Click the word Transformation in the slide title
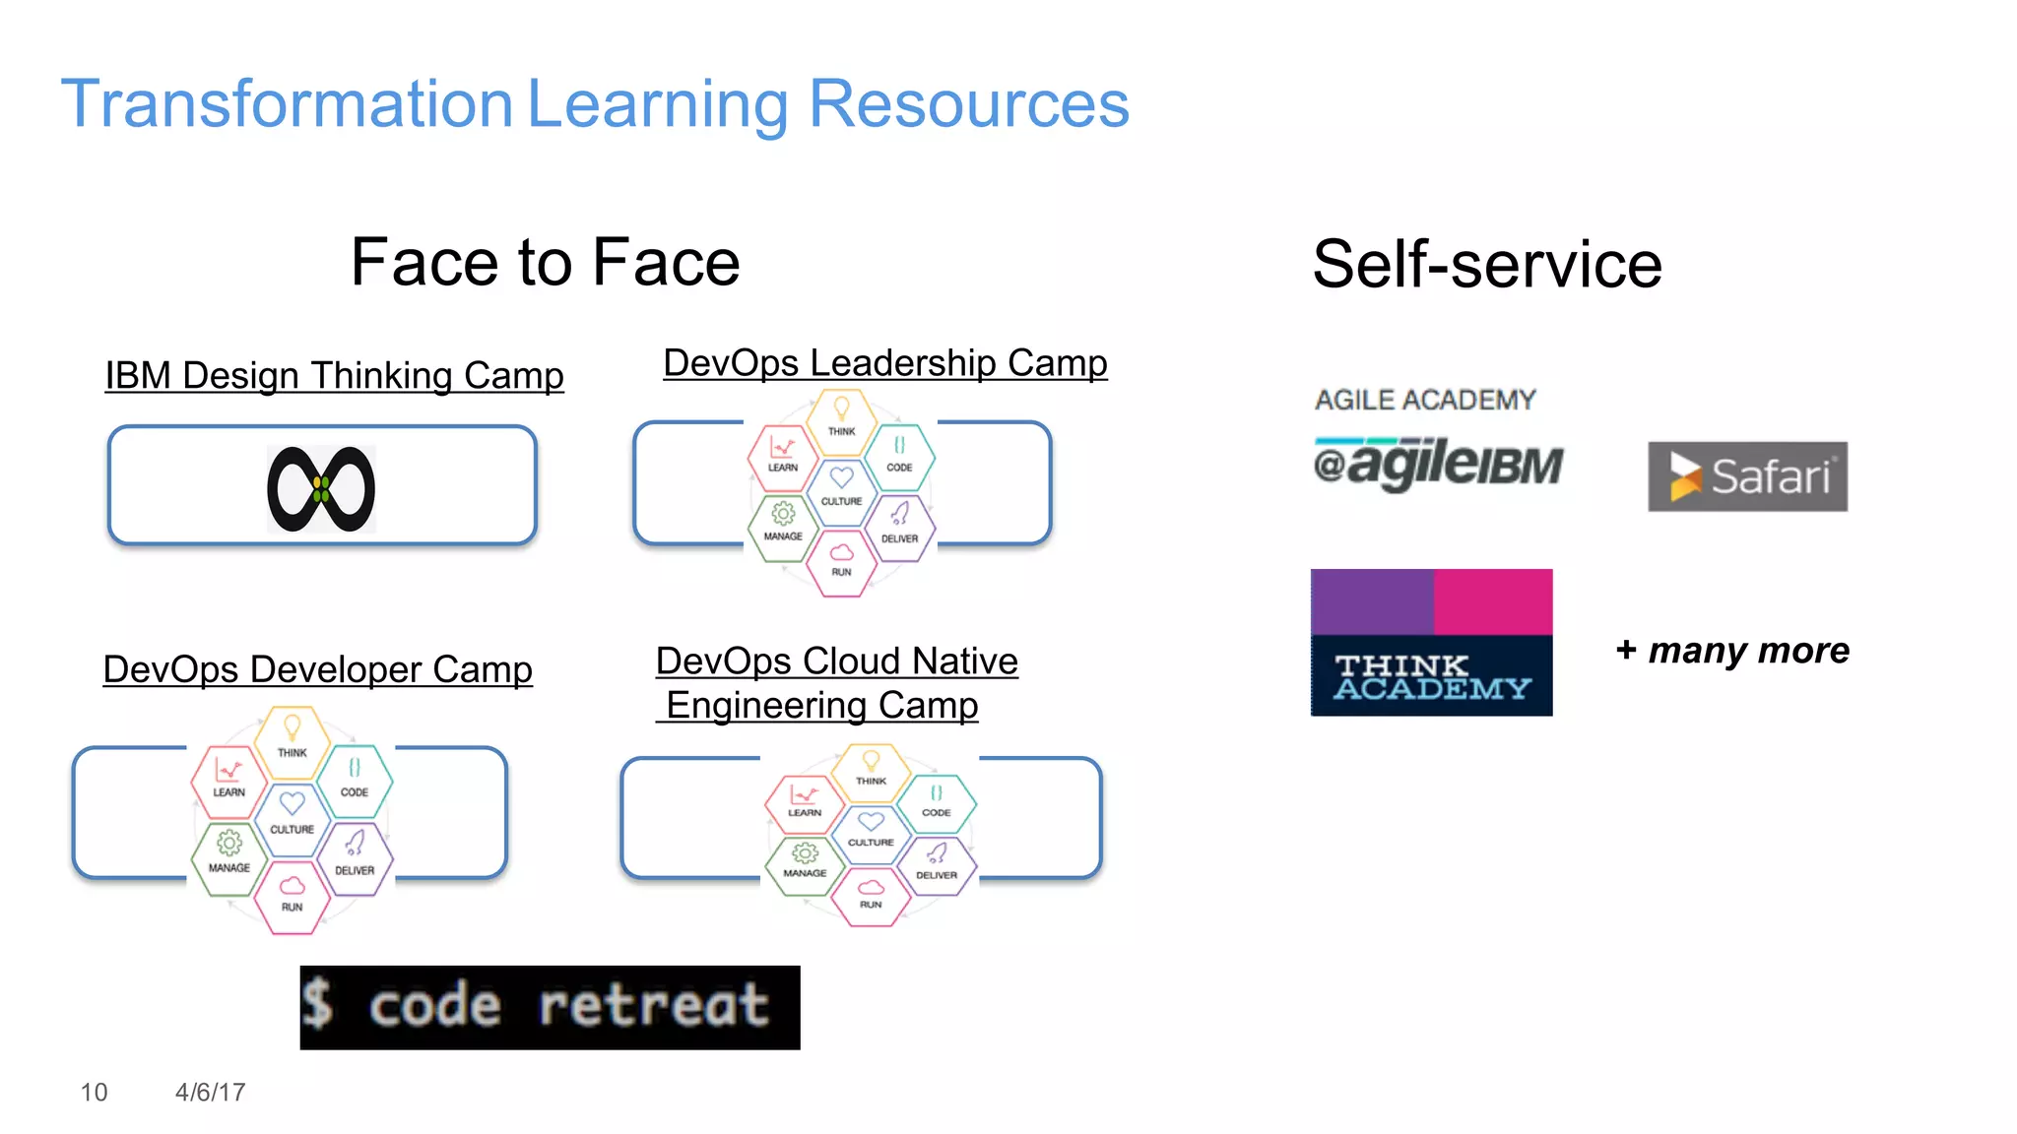tap(287, 104)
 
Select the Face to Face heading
tap(545, 263)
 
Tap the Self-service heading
tap(1487, 265)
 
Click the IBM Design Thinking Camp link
tap(334, 376)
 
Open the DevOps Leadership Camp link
tap(884, 363)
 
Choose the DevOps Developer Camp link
tap(317, 669)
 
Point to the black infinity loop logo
tap(321, 489)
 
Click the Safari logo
tap(1747, 476)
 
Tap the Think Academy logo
tap(1431, 642)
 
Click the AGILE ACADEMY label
tap(1425, 400)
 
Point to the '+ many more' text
tap(1732, 651)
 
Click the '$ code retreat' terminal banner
tap(550, 1007)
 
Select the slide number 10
tap(94, 1092)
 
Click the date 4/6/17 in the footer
tap(210, 1092)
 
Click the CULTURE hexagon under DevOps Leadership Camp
tap(841, 488)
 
